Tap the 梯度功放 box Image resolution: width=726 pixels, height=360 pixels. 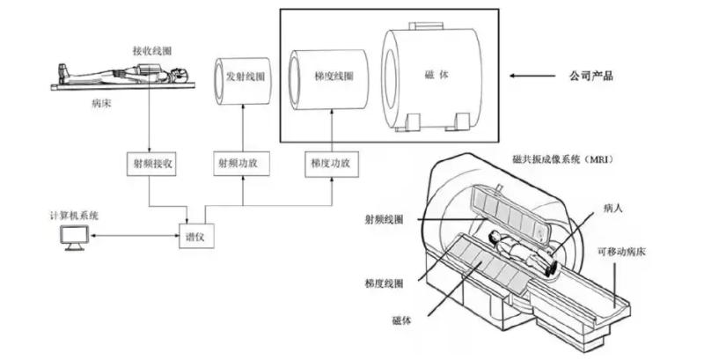tap(331, 163)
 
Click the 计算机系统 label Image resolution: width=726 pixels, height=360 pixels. tap(74, 215)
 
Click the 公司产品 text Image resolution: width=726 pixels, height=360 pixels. tap(591, 77)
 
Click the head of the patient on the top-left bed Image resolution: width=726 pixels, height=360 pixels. tap(178, 74)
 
